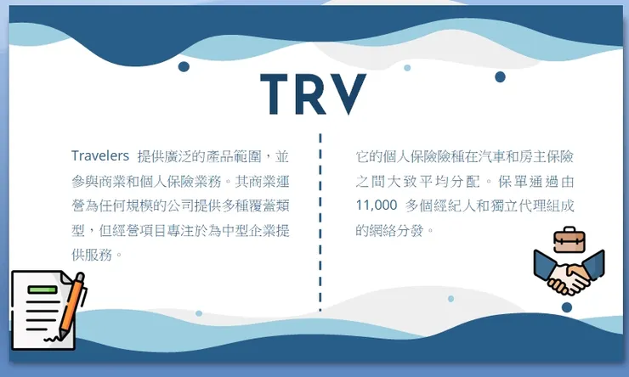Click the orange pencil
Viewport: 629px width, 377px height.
(x=73, y=303)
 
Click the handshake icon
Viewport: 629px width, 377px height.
(x=569, y=273)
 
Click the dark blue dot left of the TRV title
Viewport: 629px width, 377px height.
(x=184, y=67)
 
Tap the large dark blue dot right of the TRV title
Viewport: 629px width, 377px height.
(x=500, y=77)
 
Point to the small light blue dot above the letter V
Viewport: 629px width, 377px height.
(x=407, y=68)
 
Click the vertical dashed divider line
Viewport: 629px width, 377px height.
(x=320, y=221)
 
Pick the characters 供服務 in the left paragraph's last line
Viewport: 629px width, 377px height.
(x=93, y=254)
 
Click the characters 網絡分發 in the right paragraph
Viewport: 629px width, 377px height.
(x=396, y=230)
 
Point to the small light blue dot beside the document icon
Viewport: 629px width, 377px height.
(x=199, y=313)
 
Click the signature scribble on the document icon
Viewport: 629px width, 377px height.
(x=53, y=338)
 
